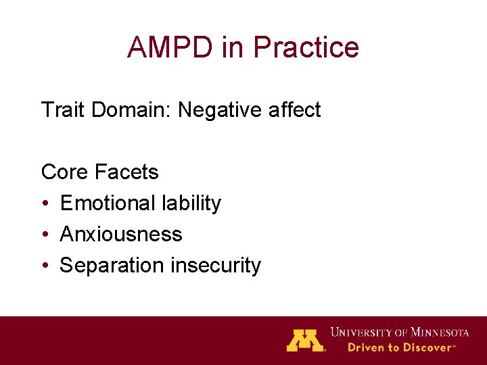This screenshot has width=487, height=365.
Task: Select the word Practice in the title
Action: click(x=306, y=47)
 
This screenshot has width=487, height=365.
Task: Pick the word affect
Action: click(x=295, y=109)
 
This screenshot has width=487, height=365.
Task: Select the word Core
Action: click(x=65, y=172)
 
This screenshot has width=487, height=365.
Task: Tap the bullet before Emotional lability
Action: click(x=45, y=203)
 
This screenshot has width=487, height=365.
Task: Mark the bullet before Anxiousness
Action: click(x=45, y=235)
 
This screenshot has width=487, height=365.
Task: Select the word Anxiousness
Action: click(x=121, y=234)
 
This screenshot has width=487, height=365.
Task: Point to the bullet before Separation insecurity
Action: click(x=45, y=266)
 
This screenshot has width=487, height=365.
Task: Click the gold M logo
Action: click(x=306, y=340)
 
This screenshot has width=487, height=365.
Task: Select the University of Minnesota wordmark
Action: click(x=400, y=332)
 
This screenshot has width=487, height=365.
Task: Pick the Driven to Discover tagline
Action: click(x=402, y=347)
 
